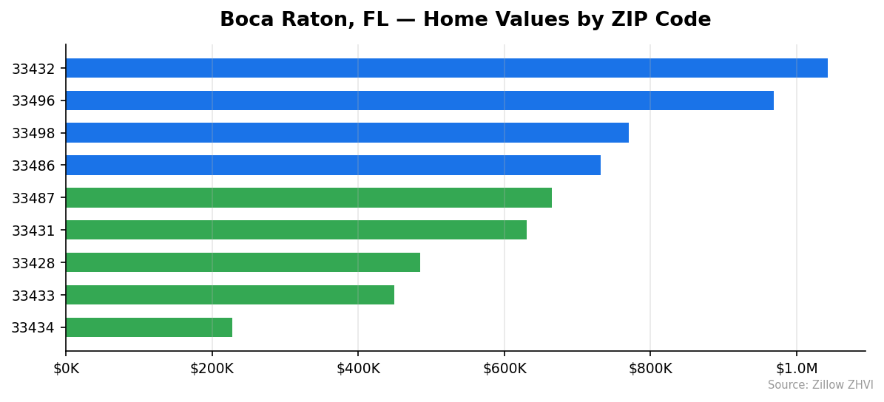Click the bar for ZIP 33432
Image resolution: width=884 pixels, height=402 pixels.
coord(446,68)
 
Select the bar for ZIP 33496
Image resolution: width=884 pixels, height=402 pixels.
coord(419,100)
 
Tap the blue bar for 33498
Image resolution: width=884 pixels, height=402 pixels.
coord(347,133)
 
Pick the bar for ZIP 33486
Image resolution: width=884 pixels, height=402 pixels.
coord(333,166)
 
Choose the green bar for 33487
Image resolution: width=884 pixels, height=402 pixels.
coord(308,197)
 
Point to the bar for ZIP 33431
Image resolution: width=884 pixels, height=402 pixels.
coord(296,230)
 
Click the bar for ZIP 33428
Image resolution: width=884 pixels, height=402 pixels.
coord(243,262)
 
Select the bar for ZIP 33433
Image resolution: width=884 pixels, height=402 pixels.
coord(230,295)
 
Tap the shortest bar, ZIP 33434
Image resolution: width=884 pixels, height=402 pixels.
coord(149,327)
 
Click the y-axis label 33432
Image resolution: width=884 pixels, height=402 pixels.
coord(33,69)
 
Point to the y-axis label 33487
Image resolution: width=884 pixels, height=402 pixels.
coord(33,198)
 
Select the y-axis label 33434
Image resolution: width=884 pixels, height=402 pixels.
coord(33,327)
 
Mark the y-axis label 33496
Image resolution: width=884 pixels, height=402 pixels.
coord(33,101)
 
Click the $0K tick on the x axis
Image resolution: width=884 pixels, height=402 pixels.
coord(66,368)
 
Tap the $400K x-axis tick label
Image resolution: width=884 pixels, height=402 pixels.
coord(358,368)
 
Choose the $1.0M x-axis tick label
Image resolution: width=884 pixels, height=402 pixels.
coord(797,368)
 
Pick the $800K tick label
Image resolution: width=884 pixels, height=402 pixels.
coord(650,368)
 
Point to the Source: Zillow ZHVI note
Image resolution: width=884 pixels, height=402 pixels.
coord(820,385)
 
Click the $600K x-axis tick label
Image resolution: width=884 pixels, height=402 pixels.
coord(505,368)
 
